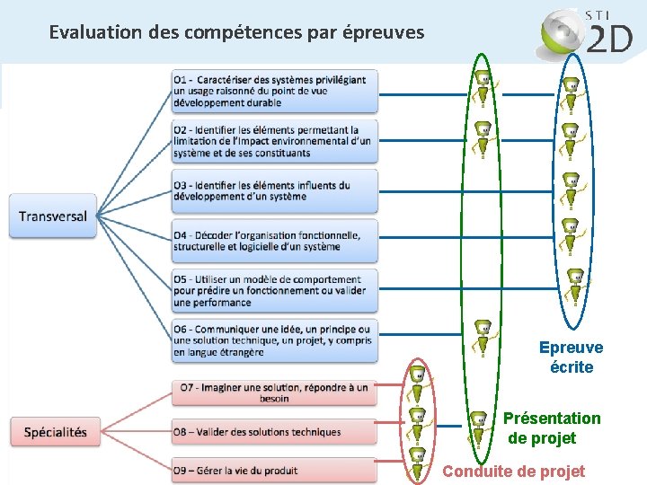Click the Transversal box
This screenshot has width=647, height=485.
click(x=53, y=216)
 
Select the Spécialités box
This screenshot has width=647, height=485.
click(x=56, y=432)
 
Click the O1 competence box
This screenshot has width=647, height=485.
click(x=275, y=91)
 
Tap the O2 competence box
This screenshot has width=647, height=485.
click(x=275, y=142)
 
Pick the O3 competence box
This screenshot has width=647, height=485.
click(x=275, y=191)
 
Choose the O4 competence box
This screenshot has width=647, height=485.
click(x=275, y=241)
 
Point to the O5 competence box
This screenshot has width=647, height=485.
click(x=275, y=291)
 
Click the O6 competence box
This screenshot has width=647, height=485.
click(x=275, y=340)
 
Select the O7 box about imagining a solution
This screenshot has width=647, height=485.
click(x=274, y=392)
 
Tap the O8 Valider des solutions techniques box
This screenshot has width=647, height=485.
click(x=274, y=432)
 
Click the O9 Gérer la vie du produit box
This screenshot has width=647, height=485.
click(x=274, y=471)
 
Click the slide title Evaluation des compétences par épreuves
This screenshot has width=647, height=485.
click(x=236, y=33)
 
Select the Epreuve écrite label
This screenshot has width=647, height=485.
click(x=572, y=357)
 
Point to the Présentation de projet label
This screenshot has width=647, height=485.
click(x=551, y=428)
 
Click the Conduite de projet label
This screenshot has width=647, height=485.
click(x=513, y=472)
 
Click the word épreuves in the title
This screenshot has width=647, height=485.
click(x=384, y=33)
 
